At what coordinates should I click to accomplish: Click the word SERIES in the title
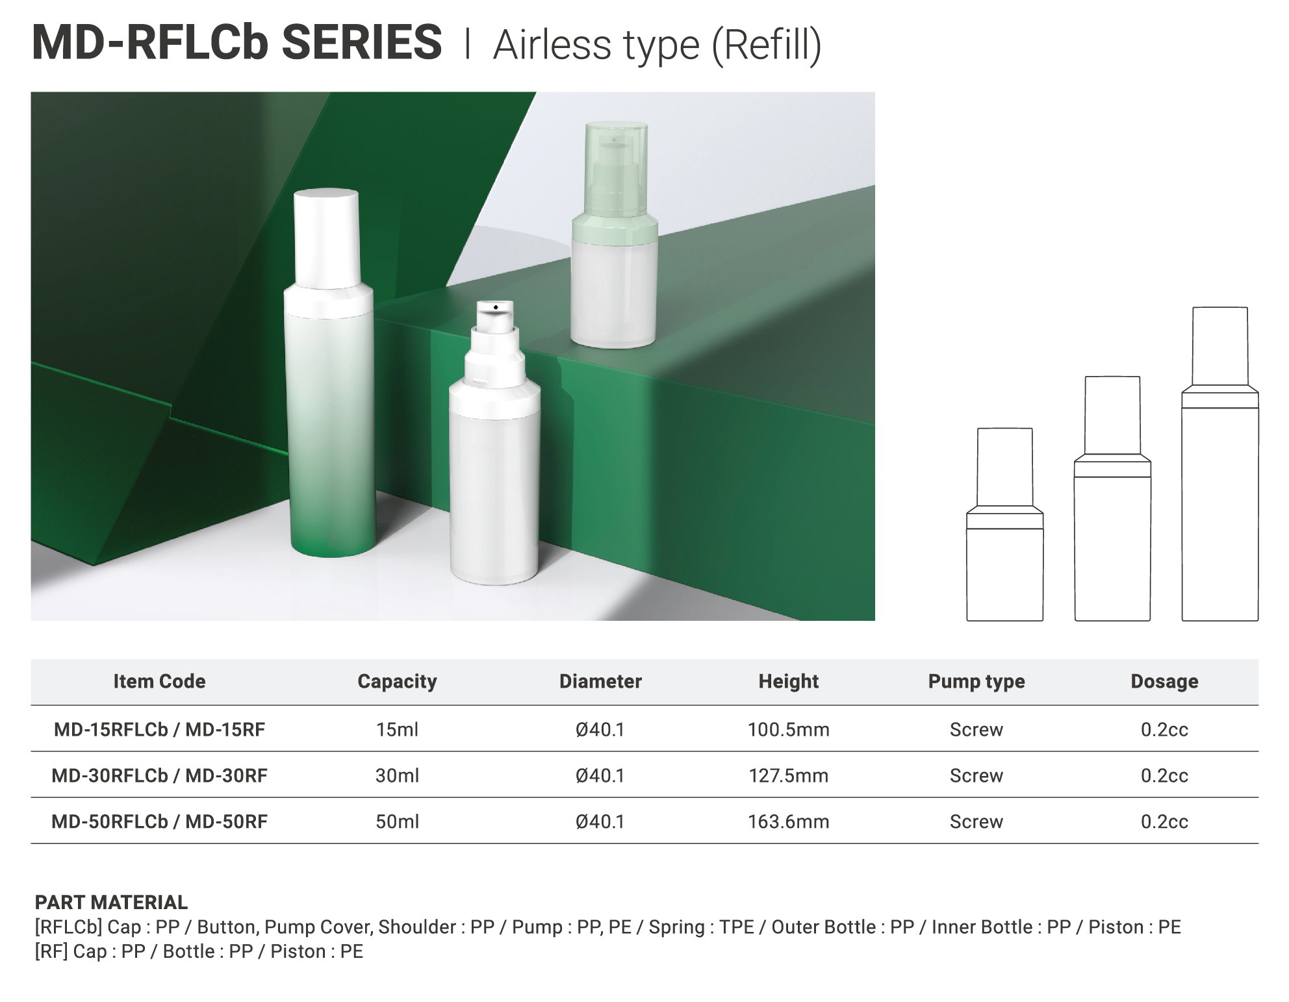click(x=362, y=42)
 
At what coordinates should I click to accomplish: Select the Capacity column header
click(x=397, y=681)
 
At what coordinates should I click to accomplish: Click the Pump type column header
click(x=976, y=681)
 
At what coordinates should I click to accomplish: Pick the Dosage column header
click(x=1164, y=681)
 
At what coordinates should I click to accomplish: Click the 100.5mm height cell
click(x=788, y=729)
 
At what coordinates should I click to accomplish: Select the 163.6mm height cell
click(x=788, y=821)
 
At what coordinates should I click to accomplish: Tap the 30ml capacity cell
click(x=397, y=775)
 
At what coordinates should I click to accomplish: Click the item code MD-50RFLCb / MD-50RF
click(x=159, y=821)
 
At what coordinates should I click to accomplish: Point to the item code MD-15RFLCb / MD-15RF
click(x=159, y=729)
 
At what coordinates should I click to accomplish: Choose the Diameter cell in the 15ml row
click(x=600, y=729)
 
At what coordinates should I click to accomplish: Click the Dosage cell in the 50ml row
click(x=1164, y=821)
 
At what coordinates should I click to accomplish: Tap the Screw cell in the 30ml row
click(x=976, y=775)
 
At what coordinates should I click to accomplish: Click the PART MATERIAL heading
click(x=111, y=902)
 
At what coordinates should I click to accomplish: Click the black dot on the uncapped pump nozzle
click(x=496, y=307)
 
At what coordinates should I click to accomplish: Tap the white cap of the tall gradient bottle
click(x=327, y=238)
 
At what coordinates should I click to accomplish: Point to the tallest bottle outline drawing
click(x=1220, y=464)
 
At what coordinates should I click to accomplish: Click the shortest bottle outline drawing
click(x=1005, y=525)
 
